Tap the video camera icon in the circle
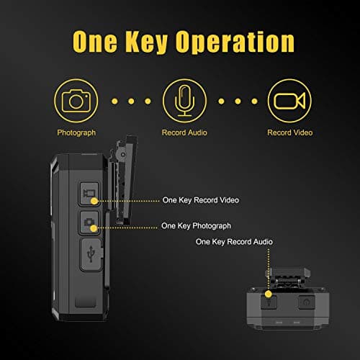coord(287,100)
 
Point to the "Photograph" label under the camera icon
coord(75,133)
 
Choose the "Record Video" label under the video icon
coord(287,133)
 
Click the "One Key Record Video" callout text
coord(201,199)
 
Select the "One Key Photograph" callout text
coord(197,225)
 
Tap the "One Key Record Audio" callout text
coord(234,242)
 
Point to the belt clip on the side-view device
coord(122,180)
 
